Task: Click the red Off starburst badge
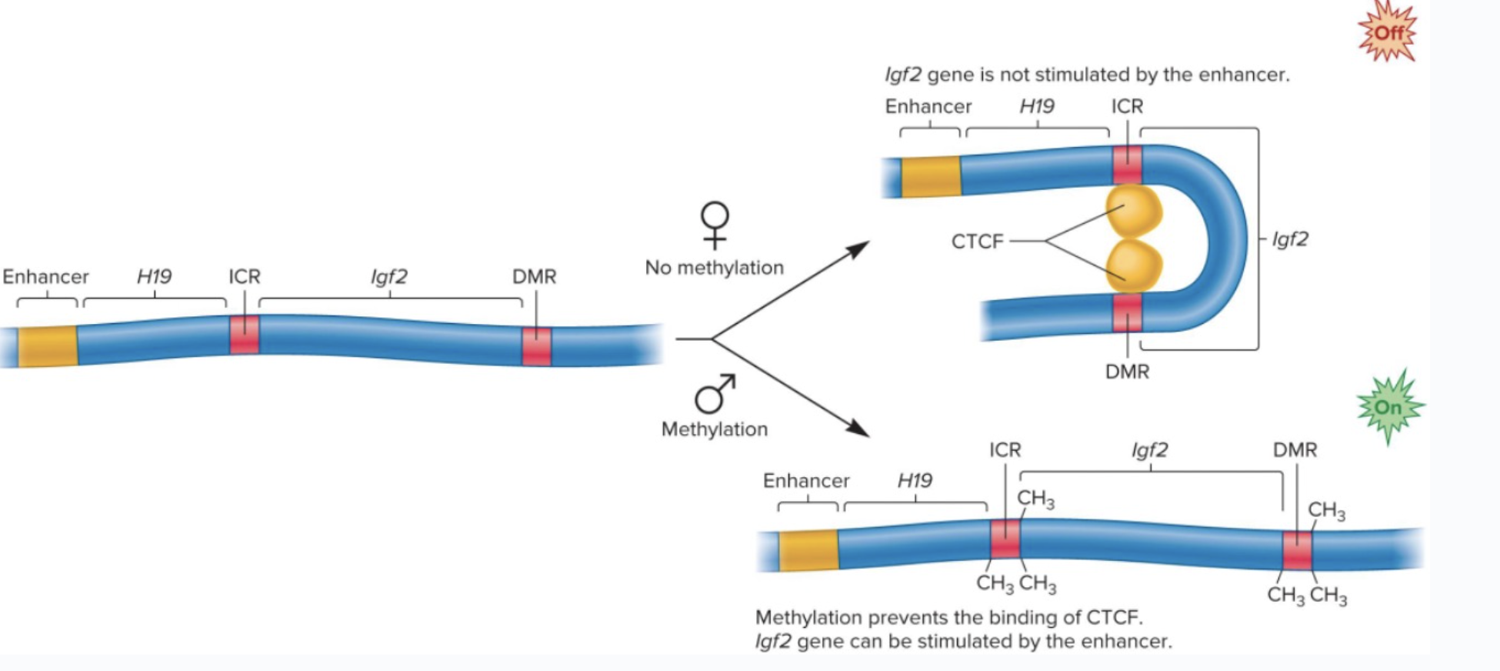pyautogui.click(x=1387, y=33)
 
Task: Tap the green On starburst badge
pyautogui.click(x=1388, y=407)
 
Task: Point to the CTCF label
pyautogui.click(x=977, y=242)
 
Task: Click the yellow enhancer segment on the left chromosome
pyautogui.click(x=48, y=346)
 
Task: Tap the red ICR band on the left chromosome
pyautogui.click(x=245, y=335)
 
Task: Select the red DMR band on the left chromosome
pyautogui.click(x=537, y=347)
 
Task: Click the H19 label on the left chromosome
pyautogui.click(x=154, y=276)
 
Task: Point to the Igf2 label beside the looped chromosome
pyautogui.click(x=1290, y=239)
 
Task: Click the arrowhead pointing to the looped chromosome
pyautogui.click(x=858, y=249)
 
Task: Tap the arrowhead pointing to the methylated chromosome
pyautogui.click(x=858, y=429)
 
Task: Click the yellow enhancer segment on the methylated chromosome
pyautogui.click(x=808, y=550)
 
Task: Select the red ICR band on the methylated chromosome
pyautogui.click(x=1005, y=539)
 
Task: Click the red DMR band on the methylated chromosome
pyautogui.click(x=1297, y=551)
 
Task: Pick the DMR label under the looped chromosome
pyautogui.click(x=1127, y=372)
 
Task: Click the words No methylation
pyautogui.click(x=714, y=268)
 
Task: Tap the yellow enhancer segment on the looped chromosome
pyautogui.click(x=931, y=176)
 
